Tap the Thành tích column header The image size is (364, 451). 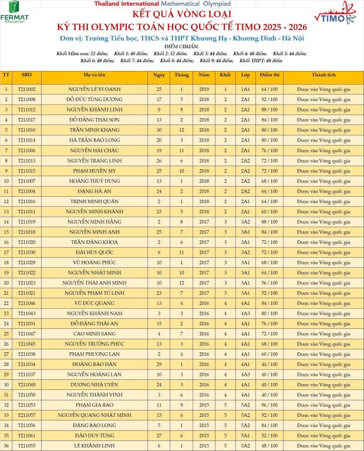coord(323,75)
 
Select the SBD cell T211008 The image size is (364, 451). coord(26,99)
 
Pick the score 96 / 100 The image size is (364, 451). coord(269,405)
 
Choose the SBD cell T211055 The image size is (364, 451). coord(26,446)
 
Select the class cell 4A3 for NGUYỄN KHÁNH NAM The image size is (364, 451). coord(245,313)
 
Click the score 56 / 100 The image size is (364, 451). coord(269,282)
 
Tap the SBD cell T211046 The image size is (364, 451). coord(26,303)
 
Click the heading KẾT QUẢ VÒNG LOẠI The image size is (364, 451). coord(181,14)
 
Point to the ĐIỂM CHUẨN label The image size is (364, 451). coord(181,46)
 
